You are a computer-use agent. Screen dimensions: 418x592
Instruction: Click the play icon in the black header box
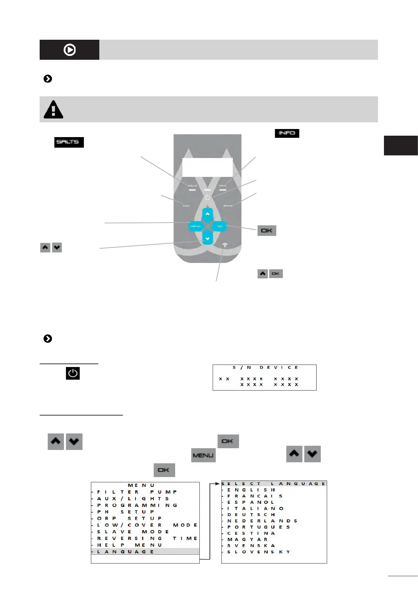tap(69, 50)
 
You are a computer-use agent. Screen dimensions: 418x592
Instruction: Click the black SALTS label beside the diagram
tap(69, 142)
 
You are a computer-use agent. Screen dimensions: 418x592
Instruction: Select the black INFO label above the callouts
tap(287, 133)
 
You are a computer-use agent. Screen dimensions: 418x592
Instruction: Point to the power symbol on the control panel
tap(207, 198)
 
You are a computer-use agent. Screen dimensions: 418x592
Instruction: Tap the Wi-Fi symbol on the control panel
tap(225, 245)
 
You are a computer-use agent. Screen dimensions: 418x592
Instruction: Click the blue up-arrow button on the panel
tap(207, 214)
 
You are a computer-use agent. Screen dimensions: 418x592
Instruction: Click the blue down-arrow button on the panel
tap(207, 239)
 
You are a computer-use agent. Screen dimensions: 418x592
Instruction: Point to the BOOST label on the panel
tap(228, 206)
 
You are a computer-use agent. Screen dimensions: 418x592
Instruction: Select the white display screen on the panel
tap(207, 167)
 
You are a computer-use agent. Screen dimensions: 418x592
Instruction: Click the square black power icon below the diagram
tap(73, 373)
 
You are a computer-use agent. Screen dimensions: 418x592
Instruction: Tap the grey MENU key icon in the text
tap(203, 455)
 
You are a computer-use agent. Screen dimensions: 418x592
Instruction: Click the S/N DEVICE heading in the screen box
tap(265, 367)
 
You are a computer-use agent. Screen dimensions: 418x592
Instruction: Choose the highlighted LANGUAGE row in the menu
tap(145, 552)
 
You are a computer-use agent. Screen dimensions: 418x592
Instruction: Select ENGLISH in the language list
tap(251, 490)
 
